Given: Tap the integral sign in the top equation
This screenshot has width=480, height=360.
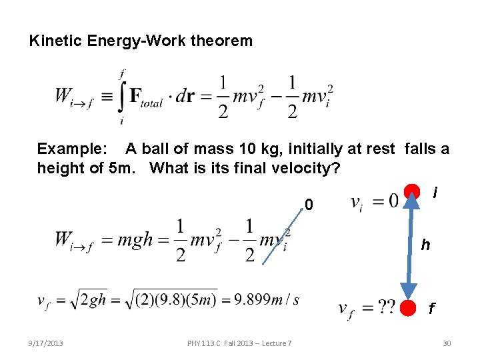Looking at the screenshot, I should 121,97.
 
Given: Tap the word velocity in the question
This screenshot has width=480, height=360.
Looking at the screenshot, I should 303,168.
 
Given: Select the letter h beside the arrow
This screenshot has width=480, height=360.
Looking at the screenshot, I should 425,245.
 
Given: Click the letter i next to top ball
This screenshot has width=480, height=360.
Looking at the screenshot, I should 435,193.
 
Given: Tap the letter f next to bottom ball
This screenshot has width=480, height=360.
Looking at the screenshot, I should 431,309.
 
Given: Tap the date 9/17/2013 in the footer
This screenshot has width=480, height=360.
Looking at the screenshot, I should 46,343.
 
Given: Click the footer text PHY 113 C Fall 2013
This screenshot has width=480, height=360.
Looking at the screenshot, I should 239,343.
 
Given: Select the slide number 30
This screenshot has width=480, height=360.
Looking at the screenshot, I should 447,343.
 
